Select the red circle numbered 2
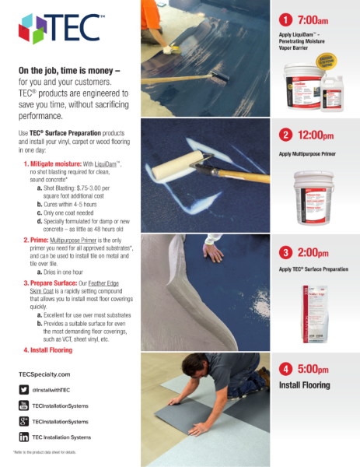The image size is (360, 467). click(x=285, y=135)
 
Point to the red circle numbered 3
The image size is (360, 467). click(x=285, y=252)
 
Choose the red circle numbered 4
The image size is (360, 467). click(x=285, y=369)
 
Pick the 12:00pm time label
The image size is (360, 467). click(x=317, y=135)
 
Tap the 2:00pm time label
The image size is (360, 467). click(x=315, y=252)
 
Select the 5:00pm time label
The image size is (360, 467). click(x=315, y=369)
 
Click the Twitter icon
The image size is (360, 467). click(x=24, y=388)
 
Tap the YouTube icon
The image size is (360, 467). click(x=24, y=405)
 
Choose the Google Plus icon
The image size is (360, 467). click(x=24, y=420)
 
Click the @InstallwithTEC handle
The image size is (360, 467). click(x=53, y=388)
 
